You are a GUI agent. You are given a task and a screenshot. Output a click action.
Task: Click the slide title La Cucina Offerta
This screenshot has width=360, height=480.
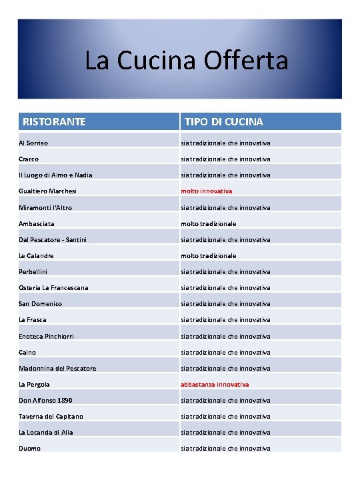click(186, 61)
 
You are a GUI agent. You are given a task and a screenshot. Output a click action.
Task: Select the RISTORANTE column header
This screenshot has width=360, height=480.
click(54, 122)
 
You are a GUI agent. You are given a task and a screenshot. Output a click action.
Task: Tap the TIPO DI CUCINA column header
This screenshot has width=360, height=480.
click(223, 122)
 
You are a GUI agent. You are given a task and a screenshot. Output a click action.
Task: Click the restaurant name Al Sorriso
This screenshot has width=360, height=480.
click(33, 143)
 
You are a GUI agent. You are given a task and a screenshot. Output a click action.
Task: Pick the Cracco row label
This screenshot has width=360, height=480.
click(29, 159)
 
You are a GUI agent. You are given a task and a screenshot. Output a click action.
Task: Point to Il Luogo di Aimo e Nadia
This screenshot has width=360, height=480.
click(55, 175)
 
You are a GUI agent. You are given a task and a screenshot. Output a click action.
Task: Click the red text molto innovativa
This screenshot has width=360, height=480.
click(207, 191)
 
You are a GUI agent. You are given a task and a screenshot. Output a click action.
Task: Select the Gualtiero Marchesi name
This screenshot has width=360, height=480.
click(47, 191)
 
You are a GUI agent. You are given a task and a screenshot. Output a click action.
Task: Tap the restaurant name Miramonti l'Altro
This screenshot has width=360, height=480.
click(45, 207)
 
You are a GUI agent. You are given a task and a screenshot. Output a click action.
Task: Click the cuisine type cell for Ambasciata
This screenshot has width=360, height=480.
click(209, 223)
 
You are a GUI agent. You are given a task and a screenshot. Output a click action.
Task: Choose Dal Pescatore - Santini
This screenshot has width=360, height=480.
click(53, 239)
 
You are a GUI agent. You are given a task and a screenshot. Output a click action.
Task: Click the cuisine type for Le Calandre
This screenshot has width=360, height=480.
click(209, 255)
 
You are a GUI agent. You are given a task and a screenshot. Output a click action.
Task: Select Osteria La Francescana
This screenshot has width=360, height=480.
click(53, 287)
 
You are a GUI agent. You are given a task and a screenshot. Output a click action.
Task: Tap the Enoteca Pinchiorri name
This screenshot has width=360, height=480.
click(47, 336)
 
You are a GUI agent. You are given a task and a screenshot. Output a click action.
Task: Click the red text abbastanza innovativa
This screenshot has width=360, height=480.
click(215, 384)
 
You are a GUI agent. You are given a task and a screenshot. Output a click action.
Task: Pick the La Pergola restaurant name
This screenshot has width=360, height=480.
click(34, 384)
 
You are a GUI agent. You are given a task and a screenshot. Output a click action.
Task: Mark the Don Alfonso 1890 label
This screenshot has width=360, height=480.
click(45, 400)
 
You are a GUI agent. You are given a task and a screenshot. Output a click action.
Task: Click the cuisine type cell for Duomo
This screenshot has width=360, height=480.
click(226, 448)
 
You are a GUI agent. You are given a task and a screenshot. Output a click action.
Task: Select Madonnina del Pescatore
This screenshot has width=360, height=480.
click(57, 368)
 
